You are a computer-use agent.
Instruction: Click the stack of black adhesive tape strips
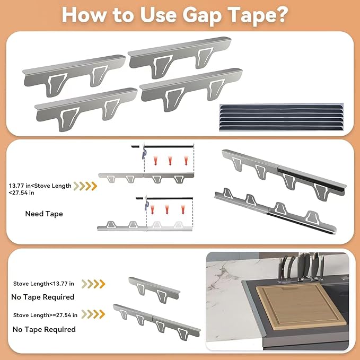click(281, 117)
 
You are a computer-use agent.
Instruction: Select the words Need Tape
click(44, 214)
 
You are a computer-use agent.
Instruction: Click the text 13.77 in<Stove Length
click(40, 186)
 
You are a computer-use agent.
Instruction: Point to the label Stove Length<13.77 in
click(43, 284)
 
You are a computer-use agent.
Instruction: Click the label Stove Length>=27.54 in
click(45, 315)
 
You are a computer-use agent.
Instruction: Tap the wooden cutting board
click(301, 306)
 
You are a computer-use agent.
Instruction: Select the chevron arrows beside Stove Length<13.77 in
click(93, 284)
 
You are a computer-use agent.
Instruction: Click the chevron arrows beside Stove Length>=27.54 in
click(93, 314)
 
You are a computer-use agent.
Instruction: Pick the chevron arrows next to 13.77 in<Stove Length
click(85, 186)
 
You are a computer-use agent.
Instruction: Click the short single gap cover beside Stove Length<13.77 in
click(154, 289)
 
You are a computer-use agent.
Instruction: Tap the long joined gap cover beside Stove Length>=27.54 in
click(157, 321)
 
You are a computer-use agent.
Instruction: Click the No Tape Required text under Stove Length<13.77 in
click(43, 297)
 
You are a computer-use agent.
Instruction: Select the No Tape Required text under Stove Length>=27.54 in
click(44, 329)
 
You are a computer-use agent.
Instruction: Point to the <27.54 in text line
click(21, 192)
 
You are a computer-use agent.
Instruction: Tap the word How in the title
click(84, 15)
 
